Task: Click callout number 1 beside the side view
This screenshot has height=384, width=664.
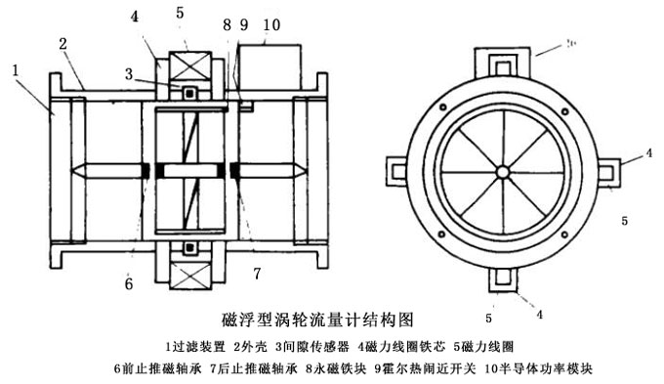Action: click(x=16, y=69)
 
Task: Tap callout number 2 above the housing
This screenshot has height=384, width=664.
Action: click(x=62, y=44)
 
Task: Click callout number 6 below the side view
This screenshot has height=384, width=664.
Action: click(x=128, y=284)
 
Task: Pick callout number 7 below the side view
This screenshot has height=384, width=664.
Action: click(x=257, y=270)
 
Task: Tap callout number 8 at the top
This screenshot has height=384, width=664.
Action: click(x=227, y=23)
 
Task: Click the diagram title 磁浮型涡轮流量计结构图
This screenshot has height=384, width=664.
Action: click(x=320, y=320)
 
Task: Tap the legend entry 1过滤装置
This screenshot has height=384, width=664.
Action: click(x=195, y=347)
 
